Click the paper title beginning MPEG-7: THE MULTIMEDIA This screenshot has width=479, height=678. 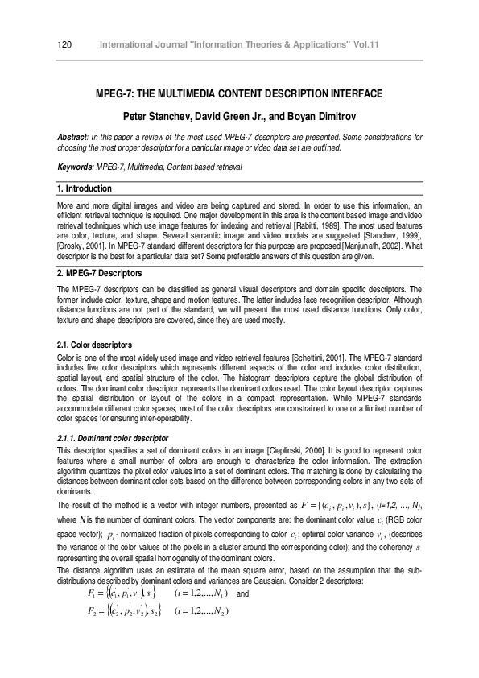pos(239,95)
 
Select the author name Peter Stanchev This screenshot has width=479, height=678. pos(158,116)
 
